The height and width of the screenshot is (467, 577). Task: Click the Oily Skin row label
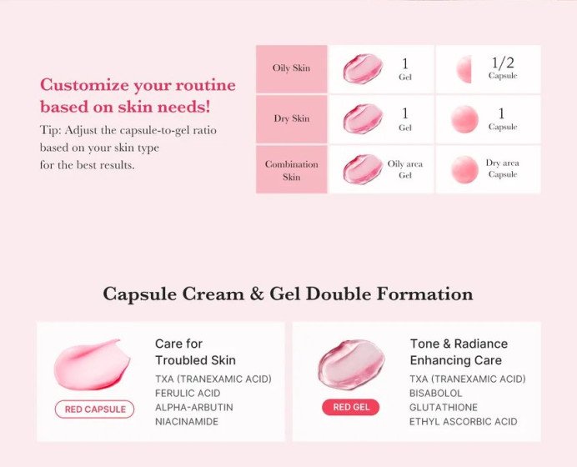tap(291, 68)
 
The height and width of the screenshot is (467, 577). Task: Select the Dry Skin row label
tap(291, 118)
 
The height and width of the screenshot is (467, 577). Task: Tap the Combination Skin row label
tap(291, 170)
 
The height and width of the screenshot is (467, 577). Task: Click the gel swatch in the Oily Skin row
tap(362, 68)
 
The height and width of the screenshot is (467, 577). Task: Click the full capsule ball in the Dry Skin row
tap(464, 119)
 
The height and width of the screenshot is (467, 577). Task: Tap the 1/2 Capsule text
tap(503, 68)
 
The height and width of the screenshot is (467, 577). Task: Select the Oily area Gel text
tap(406, 169)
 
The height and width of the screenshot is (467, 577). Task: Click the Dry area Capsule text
tap(503, 169)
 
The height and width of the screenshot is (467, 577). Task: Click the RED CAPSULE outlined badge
tap(94, 409)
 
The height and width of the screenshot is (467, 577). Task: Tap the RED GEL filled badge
tap(350, 408)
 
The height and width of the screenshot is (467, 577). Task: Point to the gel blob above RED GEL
tap(350, 364)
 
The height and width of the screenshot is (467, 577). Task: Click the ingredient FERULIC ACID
tap(188, 393)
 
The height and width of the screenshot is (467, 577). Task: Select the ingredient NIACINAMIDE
tap(188, 421)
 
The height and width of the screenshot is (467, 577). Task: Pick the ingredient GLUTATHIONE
tap(444, 407)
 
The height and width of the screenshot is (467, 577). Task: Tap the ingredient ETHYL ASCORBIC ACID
tap(463, 421)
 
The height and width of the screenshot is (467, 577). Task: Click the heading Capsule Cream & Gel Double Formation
tap(288, 294)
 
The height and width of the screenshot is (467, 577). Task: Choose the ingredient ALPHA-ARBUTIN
tap(193, 407)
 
